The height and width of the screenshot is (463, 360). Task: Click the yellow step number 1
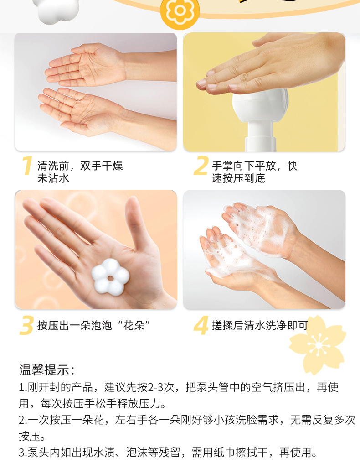27,166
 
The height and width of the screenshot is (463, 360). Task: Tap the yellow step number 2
201,166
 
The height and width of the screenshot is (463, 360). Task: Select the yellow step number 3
26,325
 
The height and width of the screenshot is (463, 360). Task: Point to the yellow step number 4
201,325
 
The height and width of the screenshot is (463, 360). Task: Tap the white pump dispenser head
260,106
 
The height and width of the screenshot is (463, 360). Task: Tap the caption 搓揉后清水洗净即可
260,325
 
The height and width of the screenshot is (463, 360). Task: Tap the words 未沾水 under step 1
53,178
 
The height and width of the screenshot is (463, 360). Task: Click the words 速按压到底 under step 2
238,178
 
